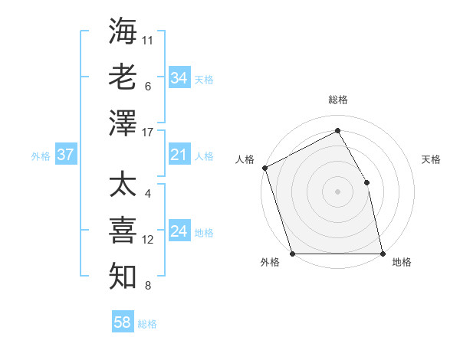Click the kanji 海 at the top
point(123,31)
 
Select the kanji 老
point(123,77)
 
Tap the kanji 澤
point(123,123)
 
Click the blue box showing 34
point(179,78)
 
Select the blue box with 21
point(179,155)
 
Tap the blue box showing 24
point(179,232)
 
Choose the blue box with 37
point(65,155)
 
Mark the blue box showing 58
point(122,323)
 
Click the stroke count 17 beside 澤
point(148,133)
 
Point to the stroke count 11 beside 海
point(148,38)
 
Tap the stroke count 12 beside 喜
point(148,240)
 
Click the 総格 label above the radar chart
point(337,100)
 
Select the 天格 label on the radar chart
point(431,159)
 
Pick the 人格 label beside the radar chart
point(245,159)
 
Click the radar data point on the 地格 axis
point(383,254)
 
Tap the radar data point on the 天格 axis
point(366,182)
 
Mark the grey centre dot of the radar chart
point(337,191)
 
